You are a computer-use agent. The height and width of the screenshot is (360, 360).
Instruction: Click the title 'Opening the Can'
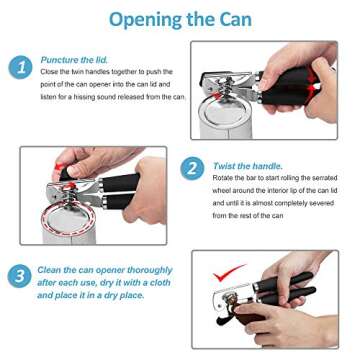[x=180, y=20]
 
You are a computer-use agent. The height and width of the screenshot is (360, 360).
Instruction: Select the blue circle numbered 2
[x=192, y=167]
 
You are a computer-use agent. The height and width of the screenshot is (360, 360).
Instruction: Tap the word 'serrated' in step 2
[x=319, y=177]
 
